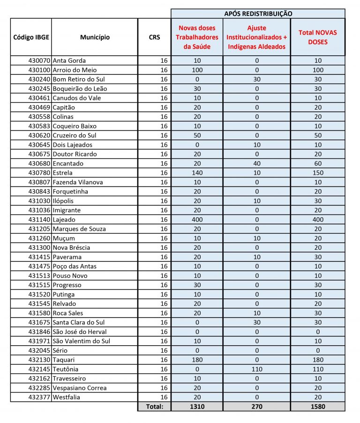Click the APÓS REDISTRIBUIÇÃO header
point(258,14)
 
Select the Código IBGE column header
point(31,37)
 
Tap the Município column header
point(95,37)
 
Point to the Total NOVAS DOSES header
point(318,37)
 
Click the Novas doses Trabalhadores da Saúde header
point(197,37)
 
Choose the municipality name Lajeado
point(64,219)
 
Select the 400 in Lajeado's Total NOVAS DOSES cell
point(318,219)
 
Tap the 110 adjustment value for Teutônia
point(256,369)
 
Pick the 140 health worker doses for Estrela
point(197,172)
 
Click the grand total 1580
point(318,407)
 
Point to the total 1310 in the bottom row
point(197,407)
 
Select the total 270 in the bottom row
point(256,407)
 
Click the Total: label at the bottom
point(155,407)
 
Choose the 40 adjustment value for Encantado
point(256,163)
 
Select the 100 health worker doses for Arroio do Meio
point(197,70)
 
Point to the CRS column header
point(154,37)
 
